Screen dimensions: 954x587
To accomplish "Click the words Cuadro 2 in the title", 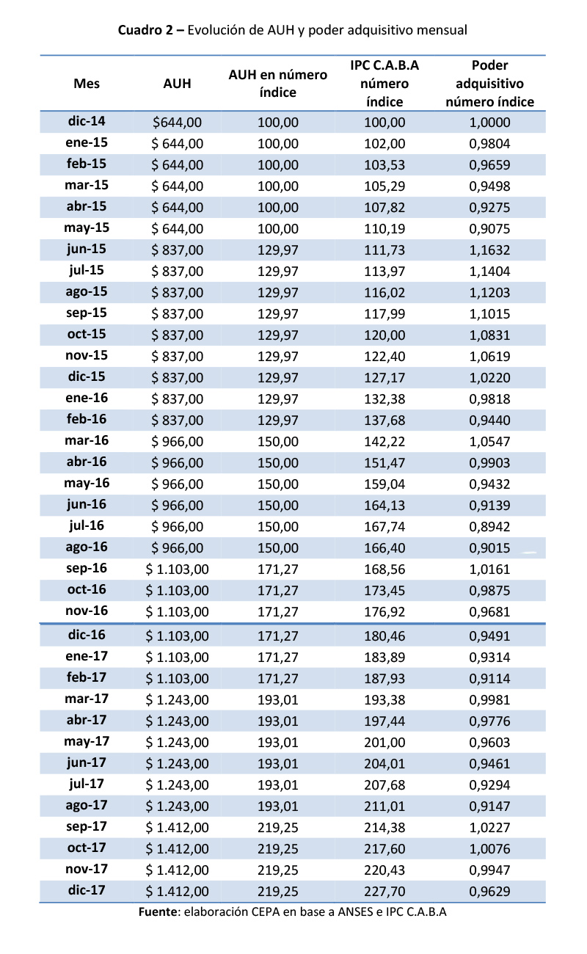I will click(x=145, y=30).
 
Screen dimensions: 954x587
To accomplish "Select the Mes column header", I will click(x=87, y=84).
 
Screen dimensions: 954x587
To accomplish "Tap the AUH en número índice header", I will click(x=278, y=84).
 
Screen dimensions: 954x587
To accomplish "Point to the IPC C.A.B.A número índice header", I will click(x=385, y=84).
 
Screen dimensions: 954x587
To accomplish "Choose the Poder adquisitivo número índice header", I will click(x=489, y=84).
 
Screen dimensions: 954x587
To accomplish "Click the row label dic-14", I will click(x=87, y=122).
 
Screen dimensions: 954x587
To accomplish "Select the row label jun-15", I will click(x=87, y=250).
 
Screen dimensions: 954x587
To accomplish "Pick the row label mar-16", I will click(x=87, y=441).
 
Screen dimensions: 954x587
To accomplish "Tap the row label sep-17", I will click(x=87, y=826).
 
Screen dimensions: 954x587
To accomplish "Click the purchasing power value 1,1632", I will click(x=489, y=250).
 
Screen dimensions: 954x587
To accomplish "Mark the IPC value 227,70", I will click(x=385, y=892).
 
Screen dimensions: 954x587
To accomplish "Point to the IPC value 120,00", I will click(x=385, y=335).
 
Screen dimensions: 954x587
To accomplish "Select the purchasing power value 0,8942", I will click(x=489, y=526).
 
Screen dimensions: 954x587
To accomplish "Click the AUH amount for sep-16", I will click(x=177, y=569).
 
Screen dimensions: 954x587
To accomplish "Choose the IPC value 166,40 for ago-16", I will click(x=385, y=547).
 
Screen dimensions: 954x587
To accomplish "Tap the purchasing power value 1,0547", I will click(x=489, y=441).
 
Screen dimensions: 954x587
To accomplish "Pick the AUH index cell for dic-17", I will click(x=278, y=892).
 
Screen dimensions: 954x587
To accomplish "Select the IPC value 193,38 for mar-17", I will click(x=385, y=699).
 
